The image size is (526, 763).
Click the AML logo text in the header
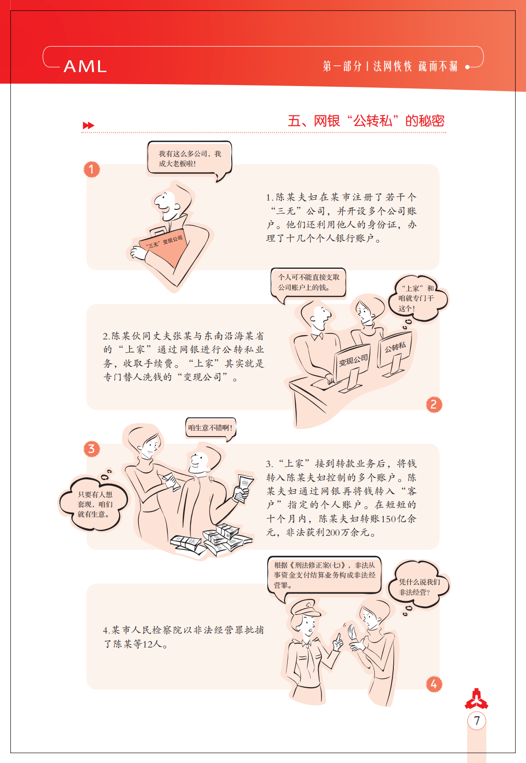pyautogui.click(x=85, y=66)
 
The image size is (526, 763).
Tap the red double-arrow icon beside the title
pyautogui.click(x=88, y=125)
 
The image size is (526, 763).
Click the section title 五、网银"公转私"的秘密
pyautogui.click(x=366, y=121)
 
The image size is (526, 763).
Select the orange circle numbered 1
pyautogui.click(x=92, y=169)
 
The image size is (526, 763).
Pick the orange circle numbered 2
pyautogui.click(x=434, y=405)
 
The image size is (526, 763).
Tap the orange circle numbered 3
pyautogui.click(x=92, y=449)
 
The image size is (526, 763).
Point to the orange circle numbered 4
pyautogui.click(x=434, y=684)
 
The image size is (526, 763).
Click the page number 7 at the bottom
pyautogui.click(x=476, y=721)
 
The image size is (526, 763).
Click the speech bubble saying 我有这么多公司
pyautogui.click(x=190, y=159)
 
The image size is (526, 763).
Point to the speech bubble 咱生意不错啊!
pyautogui.click(x=210, y=428)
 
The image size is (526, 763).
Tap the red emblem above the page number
pyautogui.click(x=476, y=699)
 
